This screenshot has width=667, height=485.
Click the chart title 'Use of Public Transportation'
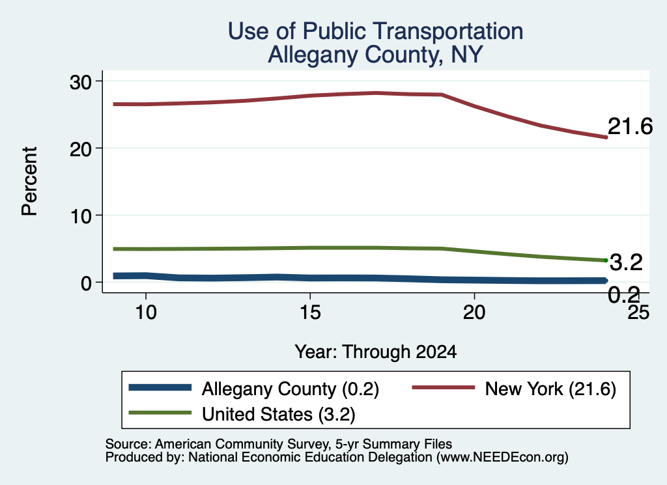pyautogui.click(x=375, y=31)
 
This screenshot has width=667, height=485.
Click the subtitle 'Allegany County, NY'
pyautogui.click(x=375, y=55)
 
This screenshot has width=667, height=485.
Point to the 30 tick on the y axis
pyautogui.click(x=81, y=82)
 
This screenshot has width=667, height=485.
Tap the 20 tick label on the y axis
pyautogui.click(x=81, y=149)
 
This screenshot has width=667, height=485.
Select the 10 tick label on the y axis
pyautogui.click(x=81, y=216)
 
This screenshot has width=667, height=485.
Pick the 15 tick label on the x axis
pyautogui.click(x=310, y=312)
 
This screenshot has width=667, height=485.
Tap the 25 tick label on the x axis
pyautogui.click(x=638, y=312)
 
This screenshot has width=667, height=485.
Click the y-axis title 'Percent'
pyautogui.click(x=29, y=182)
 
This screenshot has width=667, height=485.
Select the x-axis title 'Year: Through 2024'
pyautogui.click(x=376, y=352)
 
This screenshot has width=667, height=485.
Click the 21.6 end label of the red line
pyautogui.click(x=630, y=126)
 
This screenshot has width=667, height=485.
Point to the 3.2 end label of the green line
pyautogui.click(x=626, y=262)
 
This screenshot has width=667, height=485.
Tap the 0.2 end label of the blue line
pyautogui.click(x=623, y=294)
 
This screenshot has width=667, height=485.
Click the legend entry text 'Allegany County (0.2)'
pyautogui.click(x=290, y=389)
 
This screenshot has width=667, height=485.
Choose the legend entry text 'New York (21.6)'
pyautogui.click(x=550, y=389)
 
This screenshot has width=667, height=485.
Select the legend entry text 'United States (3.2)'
pyautogui.click(x=279, y=415)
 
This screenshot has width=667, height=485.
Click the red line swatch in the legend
pyautogui.click(x=444, y=387)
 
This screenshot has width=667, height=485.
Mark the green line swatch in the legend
pyautogui.click(x=160, y=413)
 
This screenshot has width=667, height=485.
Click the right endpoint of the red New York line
pyautogui.click(x=606, y=137)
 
